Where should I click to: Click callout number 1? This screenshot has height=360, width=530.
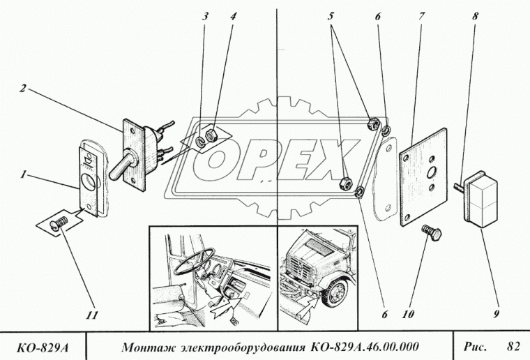click(23, 176)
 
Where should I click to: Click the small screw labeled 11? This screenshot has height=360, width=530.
click(61, 223)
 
